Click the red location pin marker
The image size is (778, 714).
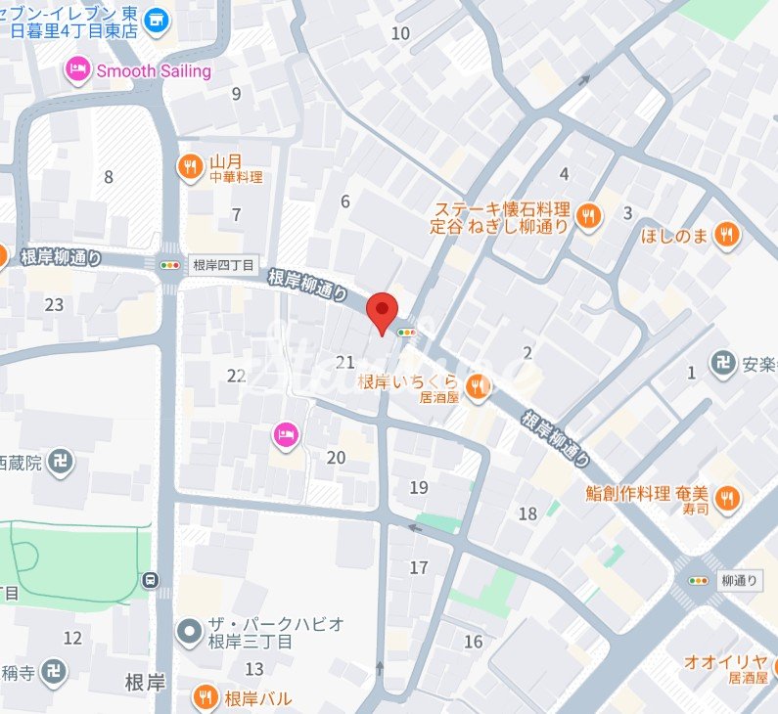pyautogui.click(x=382, y=312)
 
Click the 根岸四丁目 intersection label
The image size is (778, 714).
pyautogui.click(x=223, y=265)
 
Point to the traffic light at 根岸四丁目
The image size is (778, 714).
pyautogui.click(x=169, y=264)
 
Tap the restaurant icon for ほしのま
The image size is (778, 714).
pyautogui.click(x=726, y=234)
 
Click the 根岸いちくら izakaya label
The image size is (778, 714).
pyautogui.click(x=408, y=382)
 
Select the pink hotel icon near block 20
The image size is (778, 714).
pyautogui.click(x=284, y=436)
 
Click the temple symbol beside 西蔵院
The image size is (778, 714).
pyautogui.click(x=61, y=461)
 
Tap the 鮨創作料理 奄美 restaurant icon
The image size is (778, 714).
pyautogui.click(x=726, y=499)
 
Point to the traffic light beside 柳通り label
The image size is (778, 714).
pyautogui.click(x=699, y=580)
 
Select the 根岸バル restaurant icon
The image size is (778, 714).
pyautogui.click(x=206, y=698)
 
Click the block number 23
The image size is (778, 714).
pyautogui.click(x=54, y=305)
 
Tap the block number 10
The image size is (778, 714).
pyautogui.click(x=400, y=33)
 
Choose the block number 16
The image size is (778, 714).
pyautogui.click(x=474, y=642)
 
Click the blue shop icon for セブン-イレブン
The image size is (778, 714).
pyautogui.click(x=155, y=18)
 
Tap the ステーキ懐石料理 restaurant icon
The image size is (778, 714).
pyautogui.click(x=587, y=217)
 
